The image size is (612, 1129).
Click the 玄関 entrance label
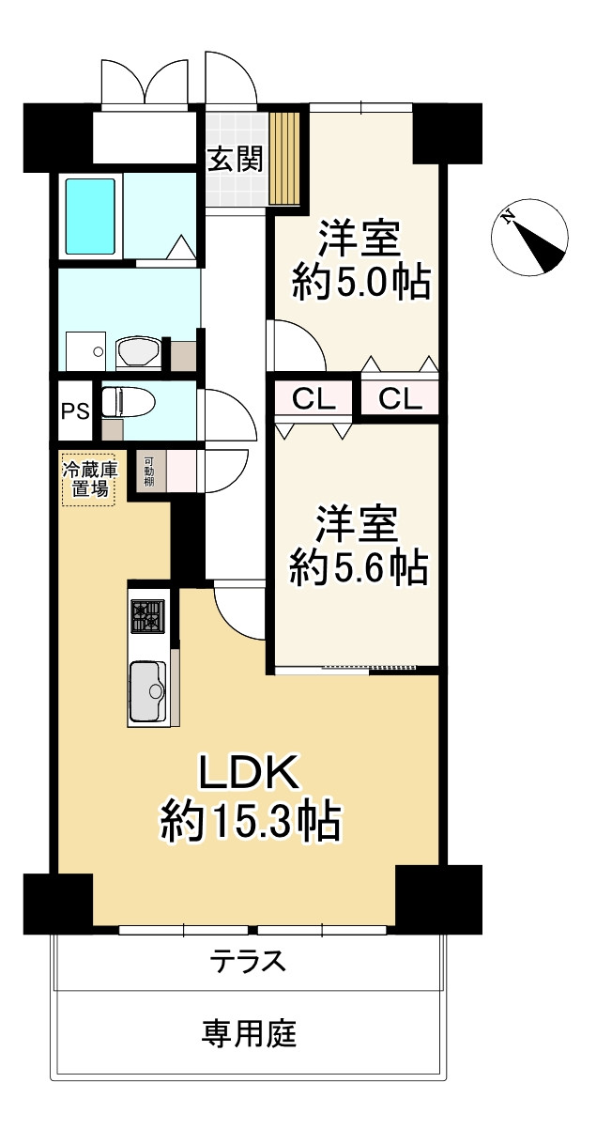tap(234, 160)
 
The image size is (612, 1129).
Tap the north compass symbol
tap(530, 238)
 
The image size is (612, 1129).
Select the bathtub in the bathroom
tap(90, 216)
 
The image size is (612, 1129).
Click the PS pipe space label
tap(74, 410)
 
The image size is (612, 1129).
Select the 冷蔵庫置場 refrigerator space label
tap(89, 480)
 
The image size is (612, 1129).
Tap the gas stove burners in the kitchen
tap(147, 616)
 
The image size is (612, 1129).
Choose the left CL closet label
tap(313, 400)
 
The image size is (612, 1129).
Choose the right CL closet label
tap(401, 400)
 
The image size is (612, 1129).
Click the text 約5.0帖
tap(360, 281)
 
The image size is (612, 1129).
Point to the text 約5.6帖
tap(359, 567)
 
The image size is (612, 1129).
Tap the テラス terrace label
tap(248, 962)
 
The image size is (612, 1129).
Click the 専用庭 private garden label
tap(249, 1034)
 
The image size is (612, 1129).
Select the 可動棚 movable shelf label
tap(149, 471)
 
